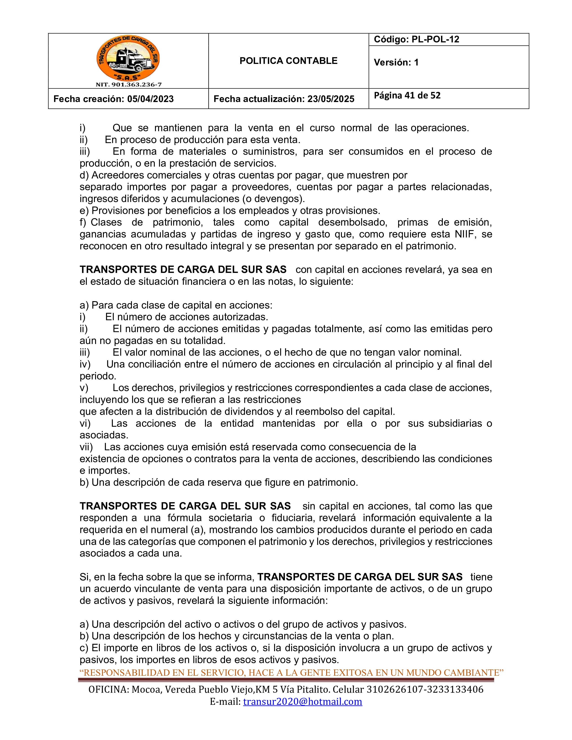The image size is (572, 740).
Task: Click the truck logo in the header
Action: [x=128, y=58]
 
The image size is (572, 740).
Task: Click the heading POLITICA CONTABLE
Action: [x=288, y=61]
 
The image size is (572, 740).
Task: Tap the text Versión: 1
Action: [x=396, y=62]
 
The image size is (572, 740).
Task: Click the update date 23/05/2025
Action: [x=330, y=99]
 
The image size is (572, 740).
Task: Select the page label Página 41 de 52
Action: [x=407, y=96]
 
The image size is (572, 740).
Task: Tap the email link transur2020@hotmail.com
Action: [x=302, y=701]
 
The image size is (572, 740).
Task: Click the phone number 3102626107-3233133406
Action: [x=425, y=690]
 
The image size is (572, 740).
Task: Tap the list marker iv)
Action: [x=85, y=364]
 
